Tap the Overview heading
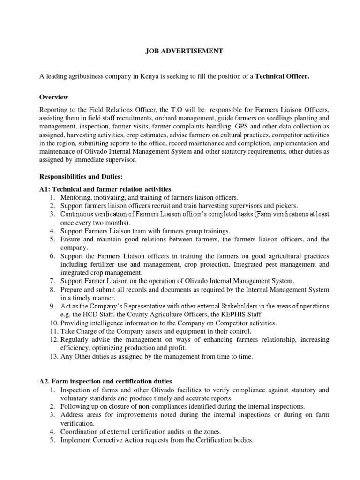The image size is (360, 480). [54, 97]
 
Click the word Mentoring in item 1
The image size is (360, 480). [75, 197]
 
